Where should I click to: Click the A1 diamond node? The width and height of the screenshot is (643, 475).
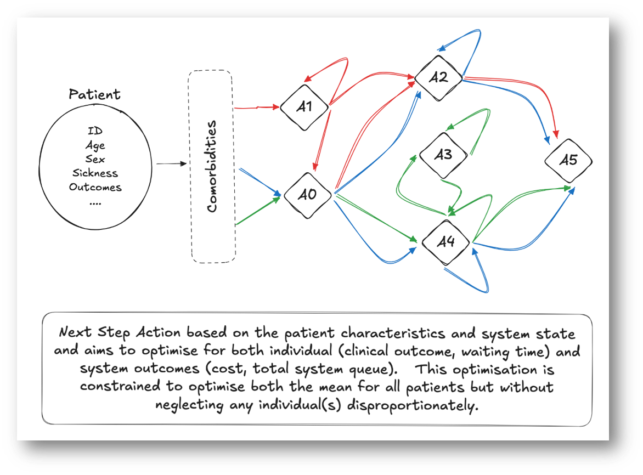(304, 107)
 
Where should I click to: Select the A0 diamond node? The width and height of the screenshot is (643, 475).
(307, 195)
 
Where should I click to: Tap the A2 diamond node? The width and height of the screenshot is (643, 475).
(438, 77)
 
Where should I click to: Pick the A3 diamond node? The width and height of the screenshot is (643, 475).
(443, 155)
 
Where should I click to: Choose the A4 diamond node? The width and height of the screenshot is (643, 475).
(445, 242)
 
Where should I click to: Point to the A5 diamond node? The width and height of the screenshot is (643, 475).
(568, 160)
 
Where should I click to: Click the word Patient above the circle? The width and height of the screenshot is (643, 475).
(94, 94)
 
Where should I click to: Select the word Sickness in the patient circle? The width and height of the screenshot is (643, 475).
(95, 173)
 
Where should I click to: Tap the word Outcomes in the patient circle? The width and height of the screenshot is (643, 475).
(95, 187)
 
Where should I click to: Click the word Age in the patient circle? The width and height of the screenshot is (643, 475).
(95, 145)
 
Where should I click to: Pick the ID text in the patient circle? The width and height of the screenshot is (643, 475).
(95, 131)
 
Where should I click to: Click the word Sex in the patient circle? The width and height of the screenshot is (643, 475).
(95, 159)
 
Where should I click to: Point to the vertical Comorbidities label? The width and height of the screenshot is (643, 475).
(212, 167)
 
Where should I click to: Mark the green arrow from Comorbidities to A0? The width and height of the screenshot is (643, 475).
(258, 211)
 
